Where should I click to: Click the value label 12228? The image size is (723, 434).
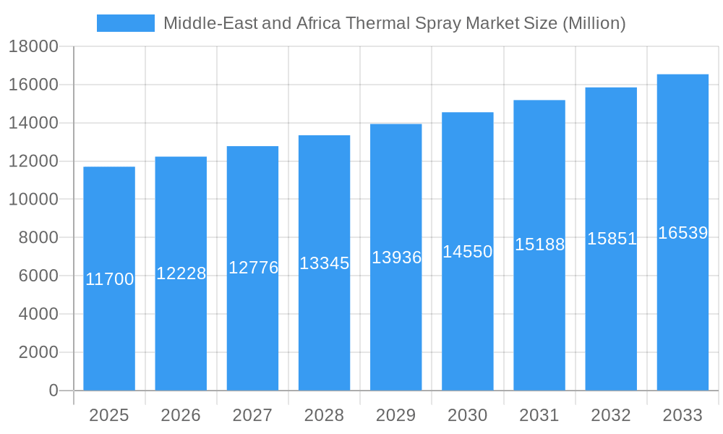pyautogui.click(x=181, y=273)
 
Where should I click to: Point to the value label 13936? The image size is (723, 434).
pyautogui.click(x=396, y=258)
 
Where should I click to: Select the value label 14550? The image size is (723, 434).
pyautogui.click(x=468, y=252)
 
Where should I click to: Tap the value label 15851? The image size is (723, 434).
pyautogui.click(x=612, y=239)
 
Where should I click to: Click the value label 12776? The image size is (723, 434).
pyautogui.click(x=253, y=268)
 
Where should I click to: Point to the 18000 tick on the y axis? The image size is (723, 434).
pyautogui.click(x=33, y=47)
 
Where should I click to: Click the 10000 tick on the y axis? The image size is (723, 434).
pyautogui.click(x=33, y=200)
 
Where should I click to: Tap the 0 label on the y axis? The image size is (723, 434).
pyautogui.click(x=54, y=391)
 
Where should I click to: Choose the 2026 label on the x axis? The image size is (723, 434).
pyautogui.click(x=181, y=415)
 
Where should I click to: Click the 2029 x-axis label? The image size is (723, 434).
pyautogui.click(x=396, y=415)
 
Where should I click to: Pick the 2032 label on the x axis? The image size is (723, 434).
pyautogui.click(x=611, y=415)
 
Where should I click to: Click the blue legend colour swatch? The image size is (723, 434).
pyautogui.click(x=126, y=23)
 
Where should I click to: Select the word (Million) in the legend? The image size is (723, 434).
pyautogui.click(x=594, y=23)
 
